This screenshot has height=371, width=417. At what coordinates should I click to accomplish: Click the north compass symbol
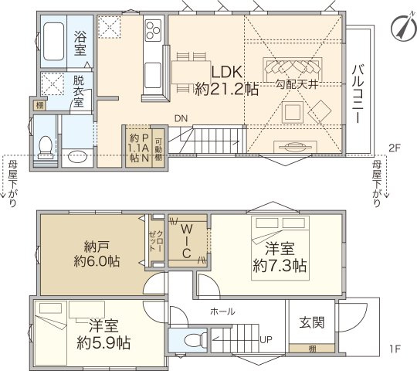click(399, 26)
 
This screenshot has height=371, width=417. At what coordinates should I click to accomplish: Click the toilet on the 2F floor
click(46, 144)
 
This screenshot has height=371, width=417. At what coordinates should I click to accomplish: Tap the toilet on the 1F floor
click(198, 339)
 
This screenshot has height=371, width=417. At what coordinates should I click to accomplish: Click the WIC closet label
click(186, 241)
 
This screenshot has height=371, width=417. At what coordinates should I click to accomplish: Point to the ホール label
click(222, 311)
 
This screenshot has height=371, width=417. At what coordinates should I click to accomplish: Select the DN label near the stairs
click(181, 118)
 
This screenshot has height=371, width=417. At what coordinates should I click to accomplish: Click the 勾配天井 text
click(294, 83)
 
